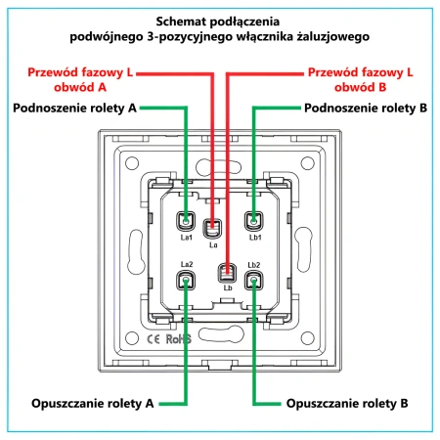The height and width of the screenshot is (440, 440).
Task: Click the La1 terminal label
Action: [x=187, y=238]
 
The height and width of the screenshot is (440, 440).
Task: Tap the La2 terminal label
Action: [x=187, y=264]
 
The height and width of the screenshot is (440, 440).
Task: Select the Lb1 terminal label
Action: [x=255, y=238]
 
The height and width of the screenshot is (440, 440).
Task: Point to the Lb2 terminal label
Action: [x=254, y=265]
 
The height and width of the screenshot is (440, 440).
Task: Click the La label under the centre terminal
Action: [x=213, y=244]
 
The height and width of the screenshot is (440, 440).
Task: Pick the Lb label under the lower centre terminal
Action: [x=228, y=287]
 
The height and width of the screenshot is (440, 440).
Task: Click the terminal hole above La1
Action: [x=186, y=221]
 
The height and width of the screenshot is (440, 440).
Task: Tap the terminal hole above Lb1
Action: [x=254, y=221]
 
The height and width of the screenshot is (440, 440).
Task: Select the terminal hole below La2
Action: [x=186, y=281]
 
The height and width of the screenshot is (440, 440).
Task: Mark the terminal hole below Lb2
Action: [x=254, y=281]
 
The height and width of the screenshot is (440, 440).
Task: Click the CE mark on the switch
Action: [x=154, y=339]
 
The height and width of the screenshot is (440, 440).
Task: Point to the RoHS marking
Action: [x=179, y=339]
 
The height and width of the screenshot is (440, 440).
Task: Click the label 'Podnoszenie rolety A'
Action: [x=74, y=108]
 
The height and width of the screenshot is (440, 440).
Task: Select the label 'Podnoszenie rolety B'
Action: [x=366, y=108]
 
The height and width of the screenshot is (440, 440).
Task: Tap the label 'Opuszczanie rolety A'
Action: [x=93, y=404]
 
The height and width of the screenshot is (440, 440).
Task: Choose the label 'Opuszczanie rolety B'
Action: [x=347, y=404]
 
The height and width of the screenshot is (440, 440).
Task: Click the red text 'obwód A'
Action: [x=80, y=87]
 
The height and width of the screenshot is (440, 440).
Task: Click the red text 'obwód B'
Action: [x=360, y=87]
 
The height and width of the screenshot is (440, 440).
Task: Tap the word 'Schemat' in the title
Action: [x=181, y=22]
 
